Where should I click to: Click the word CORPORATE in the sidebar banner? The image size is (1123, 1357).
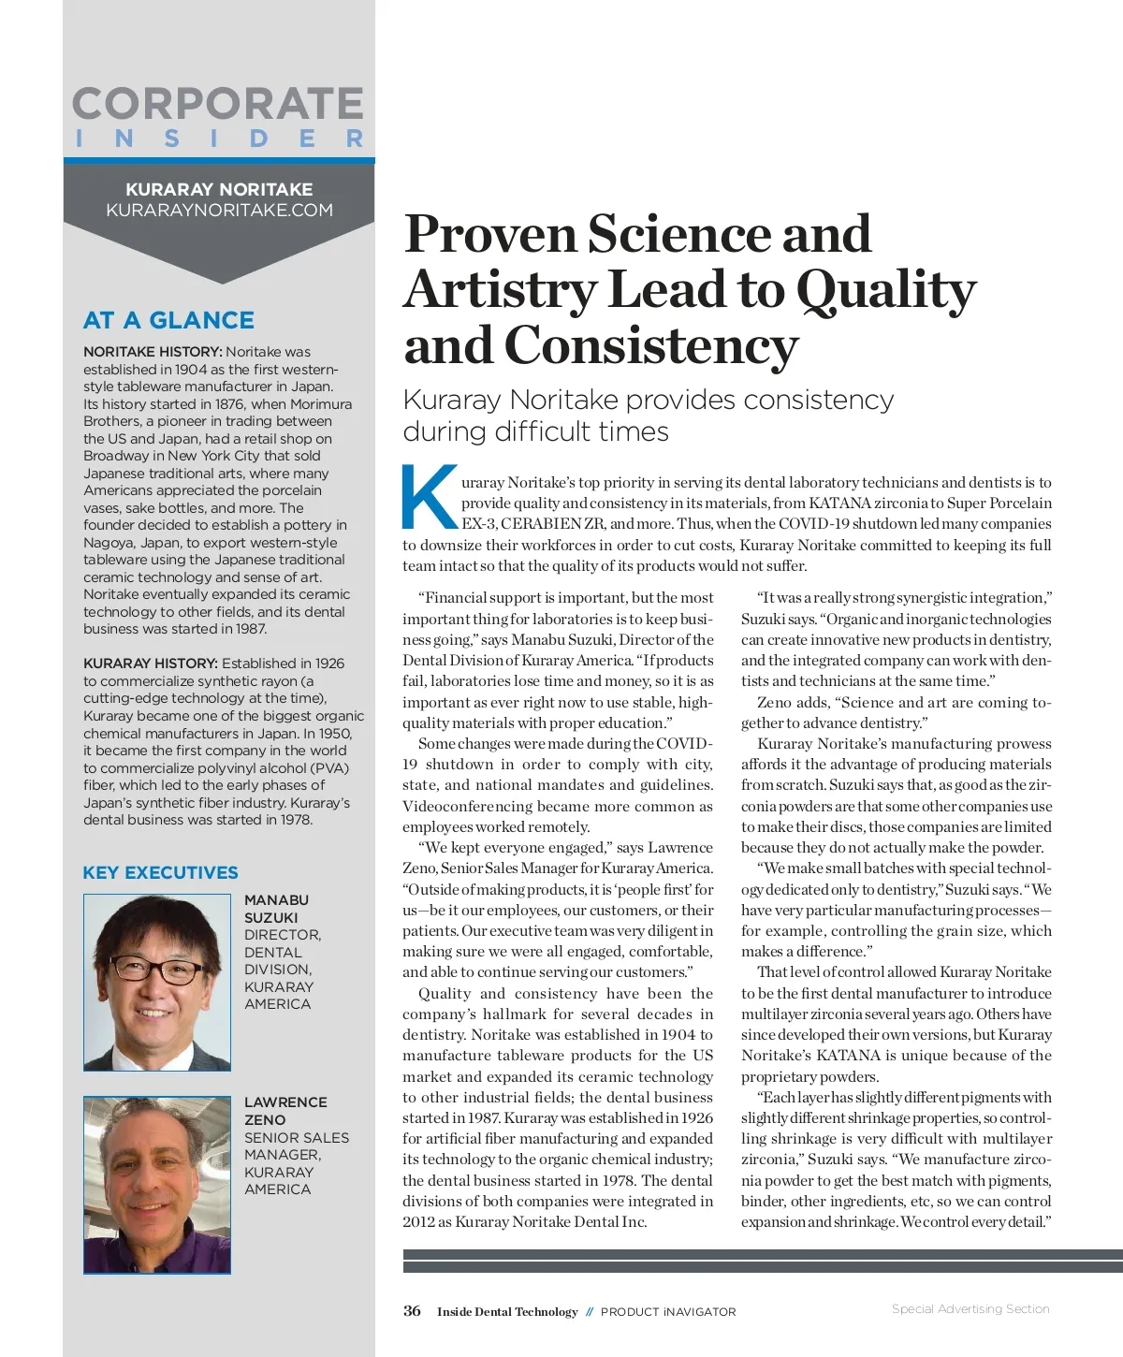coord(218,104)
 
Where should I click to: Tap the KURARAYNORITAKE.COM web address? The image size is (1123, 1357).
coord(219,210)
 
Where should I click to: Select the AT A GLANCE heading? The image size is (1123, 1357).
coord(168,320)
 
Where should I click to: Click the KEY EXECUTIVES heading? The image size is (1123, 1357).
coord(160,872)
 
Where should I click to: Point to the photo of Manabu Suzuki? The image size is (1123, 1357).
coord(157,982)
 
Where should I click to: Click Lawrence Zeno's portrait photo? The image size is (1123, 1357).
coord(157,1185)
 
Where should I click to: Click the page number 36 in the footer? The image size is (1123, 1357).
coord(412,1311)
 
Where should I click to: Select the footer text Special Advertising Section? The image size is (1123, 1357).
coord(970,1309)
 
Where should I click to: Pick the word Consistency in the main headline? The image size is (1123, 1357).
coord(651,345)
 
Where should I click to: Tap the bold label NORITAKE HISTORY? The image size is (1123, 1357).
coord(153,352)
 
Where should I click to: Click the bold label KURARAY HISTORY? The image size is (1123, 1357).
coord(151,664)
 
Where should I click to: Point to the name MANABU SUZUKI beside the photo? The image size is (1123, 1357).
coord(276,909)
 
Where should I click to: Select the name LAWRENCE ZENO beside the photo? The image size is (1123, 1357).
coord(285,1111)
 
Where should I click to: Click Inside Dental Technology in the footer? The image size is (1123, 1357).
coord(507,1312)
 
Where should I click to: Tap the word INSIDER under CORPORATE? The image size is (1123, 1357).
coord(219,139)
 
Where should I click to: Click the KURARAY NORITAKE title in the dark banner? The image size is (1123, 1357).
coord(219,189)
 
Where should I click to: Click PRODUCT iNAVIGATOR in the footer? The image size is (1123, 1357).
coord(668,1312)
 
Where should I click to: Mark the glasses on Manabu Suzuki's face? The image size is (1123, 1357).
coord(156,970)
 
